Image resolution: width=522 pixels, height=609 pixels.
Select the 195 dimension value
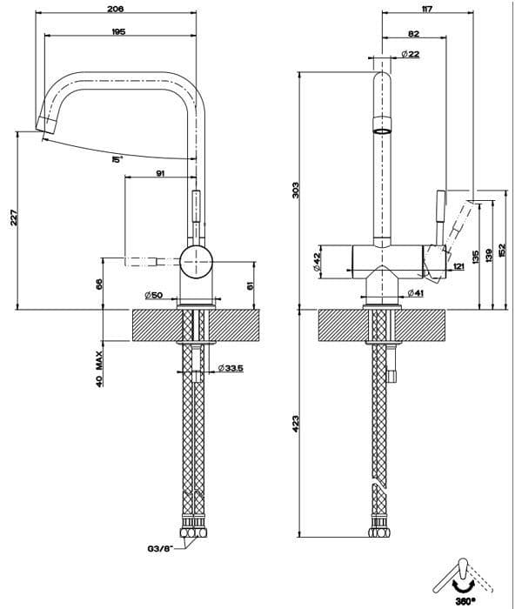click(119, 31)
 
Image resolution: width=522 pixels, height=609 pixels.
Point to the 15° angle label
click(117, 160)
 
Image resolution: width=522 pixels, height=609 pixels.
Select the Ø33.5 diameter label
click(231, 368)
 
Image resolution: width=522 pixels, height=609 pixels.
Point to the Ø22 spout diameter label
click(412, 55)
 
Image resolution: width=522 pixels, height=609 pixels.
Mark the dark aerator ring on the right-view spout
click(383, 130)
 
